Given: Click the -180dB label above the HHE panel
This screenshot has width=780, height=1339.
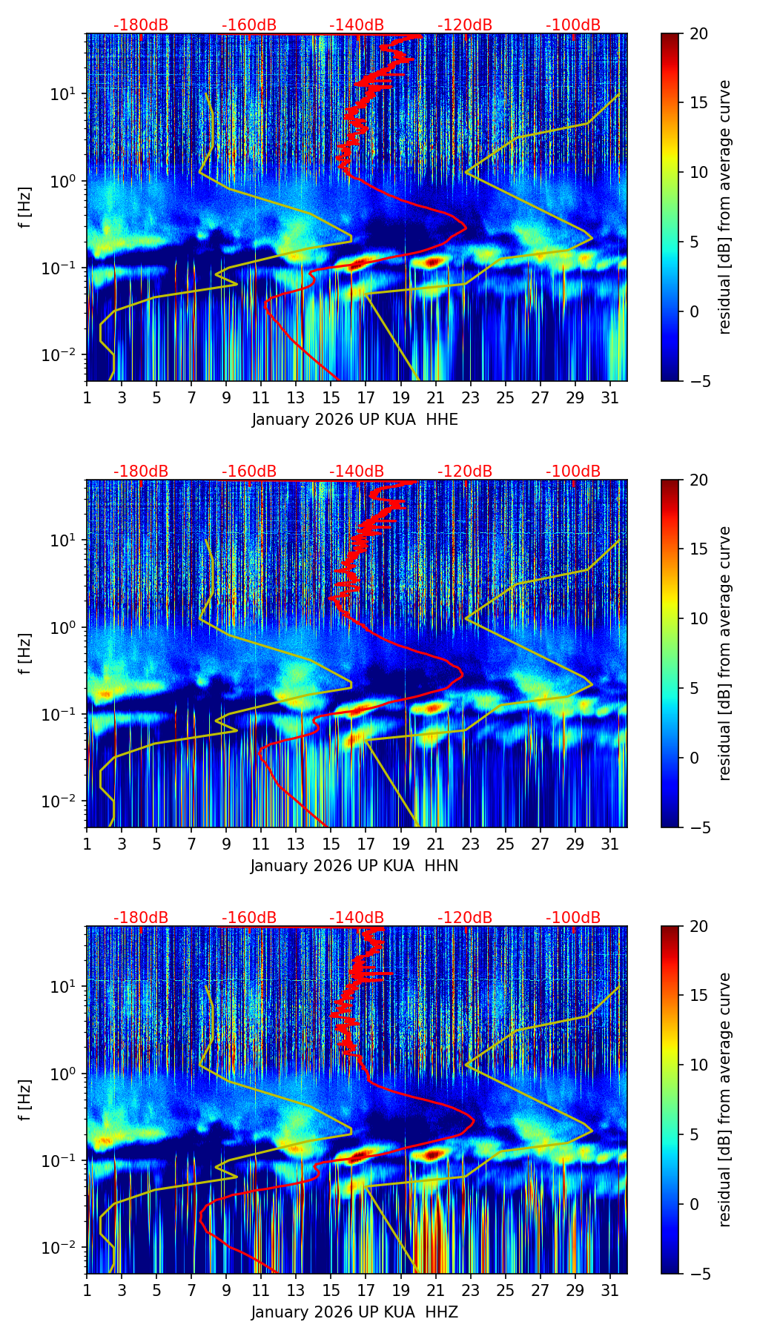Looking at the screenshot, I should (141, 25).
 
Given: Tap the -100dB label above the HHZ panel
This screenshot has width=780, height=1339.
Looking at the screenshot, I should (573, 918).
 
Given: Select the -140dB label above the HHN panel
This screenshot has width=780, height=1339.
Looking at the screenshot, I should (357, 472).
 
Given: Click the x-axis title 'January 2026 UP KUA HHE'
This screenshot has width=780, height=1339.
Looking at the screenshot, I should (354, 420).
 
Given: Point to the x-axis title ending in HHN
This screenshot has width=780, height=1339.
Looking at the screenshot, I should (354, 866).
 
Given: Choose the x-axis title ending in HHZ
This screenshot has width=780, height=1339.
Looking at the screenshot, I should (354, 1312).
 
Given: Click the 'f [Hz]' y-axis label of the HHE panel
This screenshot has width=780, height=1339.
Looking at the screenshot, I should (25, 208).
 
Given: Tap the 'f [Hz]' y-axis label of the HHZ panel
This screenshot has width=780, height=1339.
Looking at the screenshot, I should (25, 1100).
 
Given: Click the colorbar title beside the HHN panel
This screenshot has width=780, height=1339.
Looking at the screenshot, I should (724, 653).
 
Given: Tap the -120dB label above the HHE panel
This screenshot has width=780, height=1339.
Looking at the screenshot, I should (465, 25).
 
